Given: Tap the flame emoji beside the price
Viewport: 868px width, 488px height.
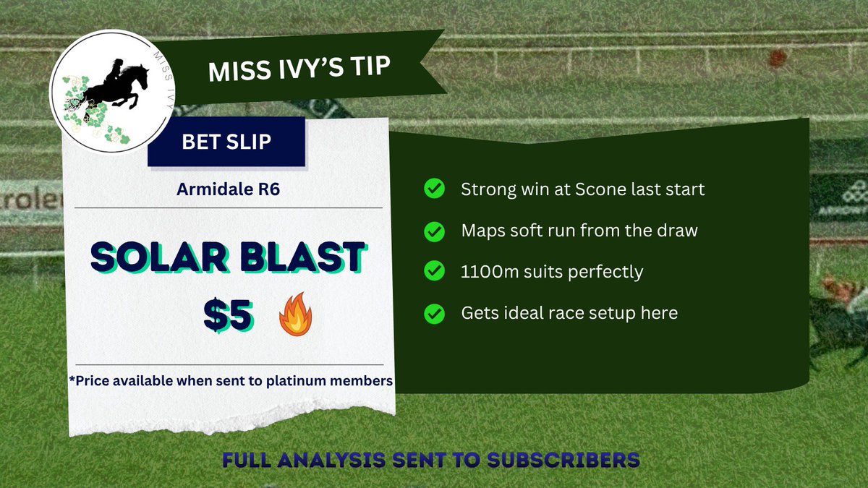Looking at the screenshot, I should [295, 319].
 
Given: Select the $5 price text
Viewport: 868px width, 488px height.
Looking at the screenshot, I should [228, 315].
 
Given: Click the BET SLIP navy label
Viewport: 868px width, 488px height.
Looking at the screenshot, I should [226, 142].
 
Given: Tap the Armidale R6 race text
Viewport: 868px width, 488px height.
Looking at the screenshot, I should [227, 189].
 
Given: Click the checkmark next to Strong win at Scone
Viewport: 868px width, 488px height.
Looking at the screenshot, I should [434, 189].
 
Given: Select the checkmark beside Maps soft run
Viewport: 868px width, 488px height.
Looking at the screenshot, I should [434, 231].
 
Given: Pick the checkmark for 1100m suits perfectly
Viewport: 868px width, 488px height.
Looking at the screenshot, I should [434, 273].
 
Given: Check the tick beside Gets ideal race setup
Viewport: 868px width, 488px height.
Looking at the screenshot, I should [434, 314].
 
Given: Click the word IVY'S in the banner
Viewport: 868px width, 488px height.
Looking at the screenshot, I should [312, 70].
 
